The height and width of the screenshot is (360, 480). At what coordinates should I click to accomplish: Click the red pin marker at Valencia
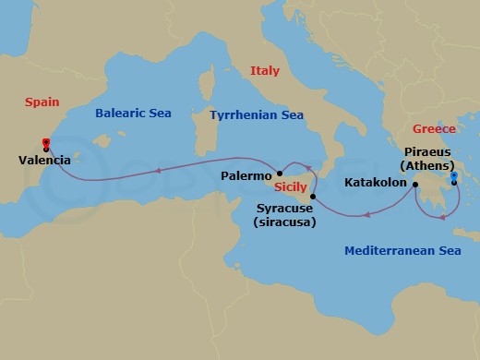click(45, 142)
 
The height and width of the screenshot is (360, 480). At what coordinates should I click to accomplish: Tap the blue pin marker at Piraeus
click(453, 176)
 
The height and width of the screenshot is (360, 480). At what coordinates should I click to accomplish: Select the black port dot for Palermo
click(280, 173)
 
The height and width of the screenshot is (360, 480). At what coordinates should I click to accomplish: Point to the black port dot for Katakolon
click(415, 184)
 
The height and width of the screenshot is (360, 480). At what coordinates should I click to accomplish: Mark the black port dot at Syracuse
click(314, 197)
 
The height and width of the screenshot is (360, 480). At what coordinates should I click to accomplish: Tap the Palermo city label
click(246, 174)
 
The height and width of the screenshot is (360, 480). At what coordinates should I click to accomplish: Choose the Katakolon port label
click(377, 183)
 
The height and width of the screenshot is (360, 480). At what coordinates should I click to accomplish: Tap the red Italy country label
click(264, 70)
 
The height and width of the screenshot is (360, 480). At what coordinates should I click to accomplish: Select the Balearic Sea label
click(132, 114)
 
